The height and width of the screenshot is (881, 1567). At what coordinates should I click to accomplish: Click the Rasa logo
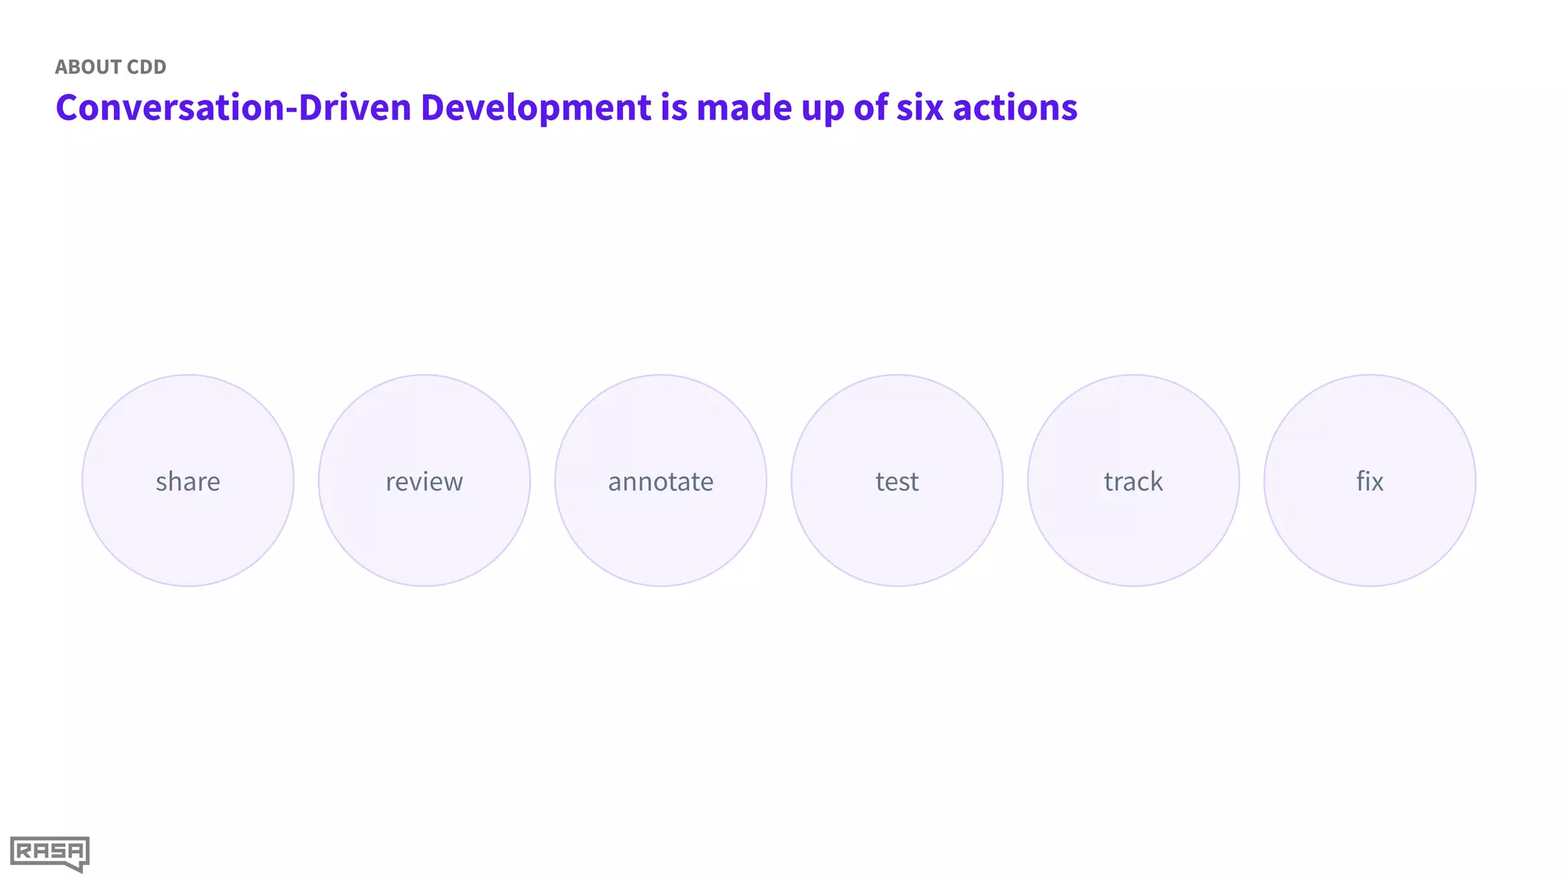50,853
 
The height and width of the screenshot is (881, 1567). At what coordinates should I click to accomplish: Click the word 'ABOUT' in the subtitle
87,67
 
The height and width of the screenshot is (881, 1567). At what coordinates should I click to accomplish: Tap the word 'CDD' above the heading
147,67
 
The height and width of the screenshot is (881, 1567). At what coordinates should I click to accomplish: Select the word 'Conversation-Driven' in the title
233,107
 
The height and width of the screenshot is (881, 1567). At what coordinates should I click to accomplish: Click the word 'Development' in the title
536,107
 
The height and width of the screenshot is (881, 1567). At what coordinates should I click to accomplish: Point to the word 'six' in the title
920,107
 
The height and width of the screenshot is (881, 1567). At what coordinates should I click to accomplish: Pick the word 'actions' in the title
1015,107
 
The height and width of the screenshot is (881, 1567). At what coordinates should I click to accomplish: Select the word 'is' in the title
674,107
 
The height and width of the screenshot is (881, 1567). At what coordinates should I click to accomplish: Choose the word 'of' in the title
871,107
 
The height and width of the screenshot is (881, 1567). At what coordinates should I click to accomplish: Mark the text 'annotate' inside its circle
661,482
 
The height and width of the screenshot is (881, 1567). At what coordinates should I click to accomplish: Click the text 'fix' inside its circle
1370,482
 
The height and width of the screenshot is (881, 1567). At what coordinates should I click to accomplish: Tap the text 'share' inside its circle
188,482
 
